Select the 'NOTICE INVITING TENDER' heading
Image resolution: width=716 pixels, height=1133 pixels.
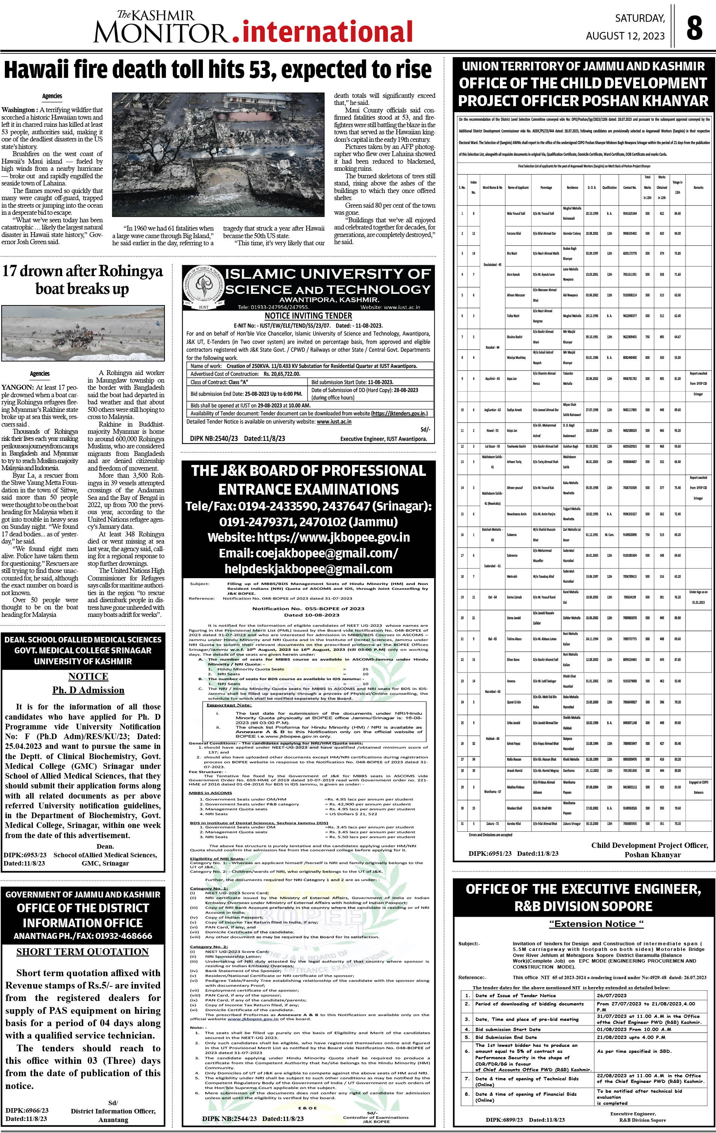click(x=308, y=316)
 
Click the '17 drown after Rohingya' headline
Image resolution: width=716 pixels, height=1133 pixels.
click(x=83, y=272)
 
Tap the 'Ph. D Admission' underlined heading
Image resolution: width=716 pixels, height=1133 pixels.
click(x=88, y=690)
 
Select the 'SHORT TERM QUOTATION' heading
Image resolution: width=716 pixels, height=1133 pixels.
click(x=82, y=951)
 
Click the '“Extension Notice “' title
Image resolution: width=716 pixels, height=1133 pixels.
click(x=596, y=923)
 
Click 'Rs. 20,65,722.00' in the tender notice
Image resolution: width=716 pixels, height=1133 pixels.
click(x=282, y=374)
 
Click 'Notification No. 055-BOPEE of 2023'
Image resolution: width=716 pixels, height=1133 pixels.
click(x=308, y=608)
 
